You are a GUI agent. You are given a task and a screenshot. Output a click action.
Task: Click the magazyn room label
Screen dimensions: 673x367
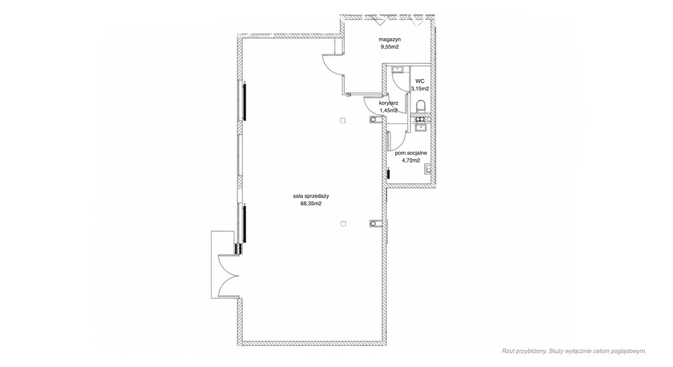coord(390,39)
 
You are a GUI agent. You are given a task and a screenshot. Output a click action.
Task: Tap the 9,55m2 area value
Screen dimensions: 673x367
coord(390,47)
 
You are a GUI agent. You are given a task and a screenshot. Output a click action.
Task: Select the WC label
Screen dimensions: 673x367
coord(420,81)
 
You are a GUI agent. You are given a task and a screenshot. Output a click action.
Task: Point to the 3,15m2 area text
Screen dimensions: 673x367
coord(420,89)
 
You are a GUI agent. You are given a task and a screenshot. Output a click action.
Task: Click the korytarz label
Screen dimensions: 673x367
coord(388,103)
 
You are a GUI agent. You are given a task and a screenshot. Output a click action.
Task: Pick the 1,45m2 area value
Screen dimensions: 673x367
coord(388,110)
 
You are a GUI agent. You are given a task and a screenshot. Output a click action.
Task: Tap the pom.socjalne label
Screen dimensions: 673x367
coord(411,153)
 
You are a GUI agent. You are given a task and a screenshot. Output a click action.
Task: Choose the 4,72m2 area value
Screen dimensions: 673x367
coord(411,160)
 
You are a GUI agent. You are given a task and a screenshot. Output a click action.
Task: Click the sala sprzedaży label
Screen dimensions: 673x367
coord(311,196)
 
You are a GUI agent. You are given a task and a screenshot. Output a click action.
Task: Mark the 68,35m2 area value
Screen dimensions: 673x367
coord(311,204)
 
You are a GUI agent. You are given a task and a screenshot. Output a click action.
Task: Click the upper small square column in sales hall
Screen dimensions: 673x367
coord(342,121)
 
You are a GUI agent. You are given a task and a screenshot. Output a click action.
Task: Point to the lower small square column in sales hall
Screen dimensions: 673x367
coord(343,224)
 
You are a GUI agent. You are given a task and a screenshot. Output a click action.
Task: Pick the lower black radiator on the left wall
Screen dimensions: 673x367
coord(244,224)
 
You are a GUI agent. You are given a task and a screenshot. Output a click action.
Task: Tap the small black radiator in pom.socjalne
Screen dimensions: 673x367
coord(388,174)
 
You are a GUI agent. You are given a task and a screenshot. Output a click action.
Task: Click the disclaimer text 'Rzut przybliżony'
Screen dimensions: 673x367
coord(524,351)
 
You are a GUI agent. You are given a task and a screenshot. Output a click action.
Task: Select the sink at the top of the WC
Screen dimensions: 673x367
coord(398,70)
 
